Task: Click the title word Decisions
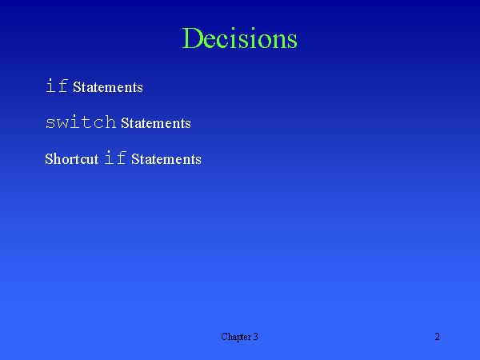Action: [x=240, y=38]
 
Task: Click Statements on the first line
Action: [x=108, y=87]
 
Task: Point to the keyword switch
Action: [x=82, y=122]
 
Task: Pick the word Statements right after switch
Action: [x=156, y=123]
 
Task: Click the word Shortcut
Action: [x=72, y=158]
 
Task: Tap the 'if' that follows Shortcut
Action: [x=116, y=158]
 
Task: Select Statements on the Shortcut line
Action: [x=166, y=159]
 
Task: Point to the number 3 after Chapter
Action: [x=255, y=337]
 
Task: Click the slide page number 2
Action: [x=438, y=337]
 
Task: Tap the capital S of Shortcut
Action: [x=50, y=158]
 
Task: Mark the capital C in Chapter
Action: [x=225, y=337]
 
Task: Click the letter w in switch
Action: [x=66, y=123]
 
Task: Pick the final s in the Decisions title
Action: [x=291, y=41]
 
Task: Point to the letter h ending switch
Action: [x=110, y=122]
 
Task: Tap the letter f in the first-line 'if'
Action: [x=63, y=86]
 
